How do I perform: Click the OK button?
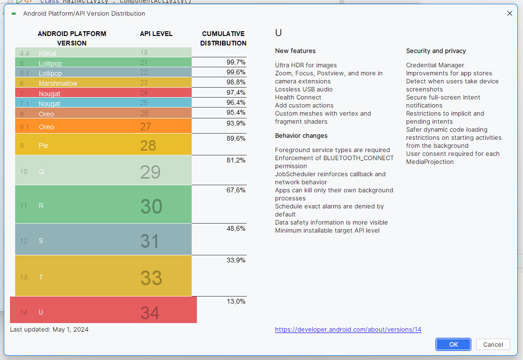click(453, 344)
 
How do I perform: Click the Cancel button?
click(493, 344)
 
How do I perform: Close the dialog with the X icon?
click(510, 13)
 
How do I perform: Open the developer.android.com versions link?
click(348, 329)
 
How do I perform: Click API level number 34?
click(150, 313)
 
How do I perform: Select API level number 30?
click(151, 207)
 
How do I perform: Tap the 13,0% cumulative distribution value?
click(236, 301)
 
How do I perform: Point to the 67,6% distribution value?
click(236, 190)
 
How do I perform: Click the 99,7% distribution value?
click(236, 62)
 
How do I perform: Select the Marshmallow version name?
click(58, 83)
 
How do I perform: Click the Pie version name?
click(44, 145)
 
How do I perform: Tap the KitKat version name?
click(47, 54)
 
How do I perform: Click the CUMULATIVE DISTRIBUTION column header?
click(223, 38)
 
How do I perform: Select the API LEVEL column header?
click(156, 34)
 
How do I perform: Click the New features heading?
click(295, 51)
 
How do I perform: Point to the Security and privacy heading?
click(435, 51)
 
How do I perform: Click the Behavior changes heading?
click(301, 135)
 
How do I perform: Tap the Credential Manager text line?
click(435, 65)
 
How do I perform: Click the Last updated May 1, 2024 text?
click(49, 329)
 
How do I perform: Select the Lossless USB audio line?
click(303, 89)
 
